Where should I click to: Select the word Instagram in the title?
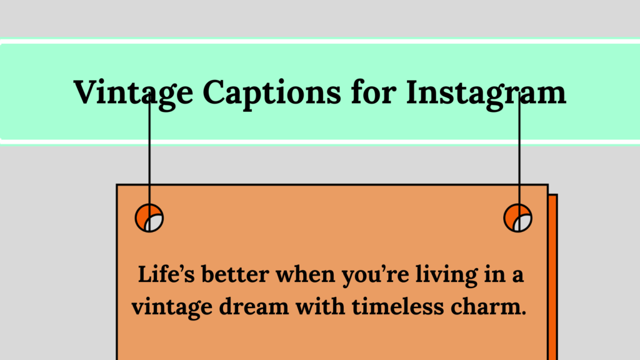point(486,92)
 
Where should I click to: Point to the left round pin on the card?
point(149,218)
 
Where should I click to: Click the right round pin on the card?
point(518,218)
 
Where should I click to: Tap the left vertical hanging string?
point(149,156)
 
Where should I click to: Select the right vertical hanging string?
point(519,156)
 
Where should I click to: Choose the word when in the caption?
point(300,276)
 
